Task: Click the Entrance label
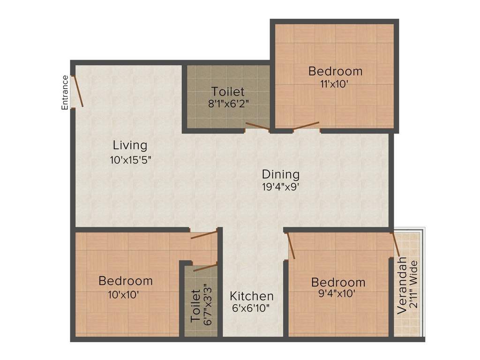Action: pyautogui.click(x=65, y=93)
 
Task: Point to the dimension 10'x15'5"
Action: pyautogui.click(x=130, y=160)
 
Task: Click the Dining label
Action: pyautogui.click(x=280, y=174)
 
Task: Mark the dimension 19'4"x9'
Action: pyautogui.click(x=280, y=187)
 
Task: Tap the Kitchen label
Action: pyautogui.click(x=252, y=296)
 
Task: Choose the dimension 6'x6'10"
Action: pyautogui.click(x=251, y=308)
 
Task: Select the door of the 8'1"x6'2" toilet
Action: pyautogui.click(x=257, y=126)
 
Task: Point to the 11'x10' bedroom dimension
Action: pyautogui.click(x=335, y=84)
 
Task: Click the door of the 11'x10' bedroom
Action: pyautogui.click(x=306, y=125)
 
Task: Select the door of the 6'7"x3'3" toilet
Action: pyautogui.click(x=205, y=268)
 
